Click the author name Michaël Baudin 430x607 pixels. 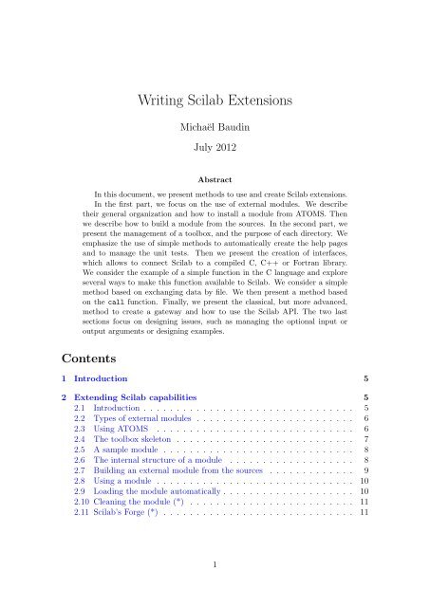(215, 127)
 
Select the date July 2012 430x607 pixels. (215, 149)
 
